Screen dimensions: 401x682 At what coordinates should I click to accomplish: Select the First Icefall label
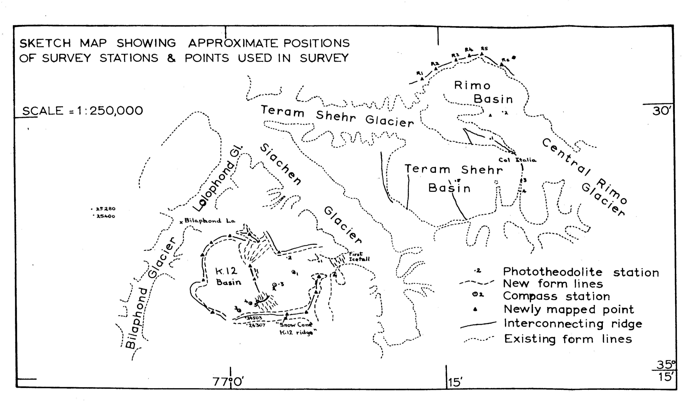click(x=359, y=256)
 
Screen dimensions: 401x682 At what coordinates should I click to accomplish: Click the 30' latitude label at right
click(x=661, y=111)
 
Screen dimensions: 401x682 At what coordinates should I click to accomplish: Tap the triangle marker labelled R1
click(x=422, y=79)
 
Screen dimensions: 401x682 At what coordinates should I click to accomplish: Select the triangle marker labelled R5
click(x=482, y=54)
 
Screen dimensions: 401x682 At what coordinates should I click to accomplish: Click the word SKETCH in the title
click(x=45, y=43)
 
